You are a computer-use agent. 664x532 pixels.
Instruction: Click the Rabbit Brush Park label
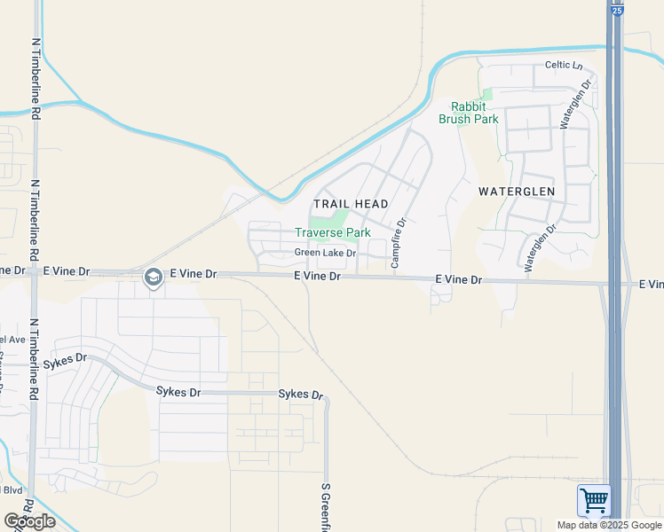(x=468, y=113)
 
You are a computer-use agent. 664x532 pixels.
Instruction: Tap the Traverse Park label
(x=332, y=232)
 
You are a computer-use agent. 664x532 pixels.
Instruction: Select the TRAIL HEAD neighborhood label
(x=351, y=204)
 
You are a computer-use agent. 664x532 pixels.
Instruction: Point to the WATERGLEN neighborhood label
(x=516, y=191)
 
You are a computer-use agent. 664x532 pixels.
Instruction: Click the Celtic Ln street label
(x=564, y=65)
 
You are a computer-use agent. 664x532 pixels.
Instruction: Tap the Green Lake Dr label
(x=325, y=254)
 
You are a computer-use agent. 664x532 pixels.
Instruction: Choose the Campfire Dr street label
(x=398, y=243)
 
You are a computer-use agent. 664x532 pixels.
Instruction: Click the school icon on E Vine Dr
(x=153, y=278)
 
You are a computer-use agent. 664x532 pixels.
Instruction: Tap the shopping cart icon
(x=594, y=501)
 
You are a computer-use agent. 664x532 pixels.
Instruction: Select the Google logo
(x=29, y=521)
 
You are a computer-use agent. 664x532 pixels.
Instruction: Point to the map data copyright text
(x=610, y=525)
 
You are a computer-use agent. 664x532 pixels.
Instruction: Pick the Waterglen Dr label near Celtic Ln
(x=574, y=106)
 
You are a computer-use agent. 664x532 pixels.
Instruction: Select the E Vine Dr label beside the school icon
(x=193, y=274)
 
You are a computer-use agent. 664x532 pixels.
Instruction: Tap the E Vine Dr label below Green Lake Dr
(x=318, y=277)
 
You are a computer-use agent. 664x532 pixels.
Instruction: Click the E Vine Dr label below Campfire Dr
(x=458, y=279)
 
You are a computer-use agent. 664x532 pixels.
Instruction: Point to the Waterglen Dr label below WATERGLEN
(x=539, y=246)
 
